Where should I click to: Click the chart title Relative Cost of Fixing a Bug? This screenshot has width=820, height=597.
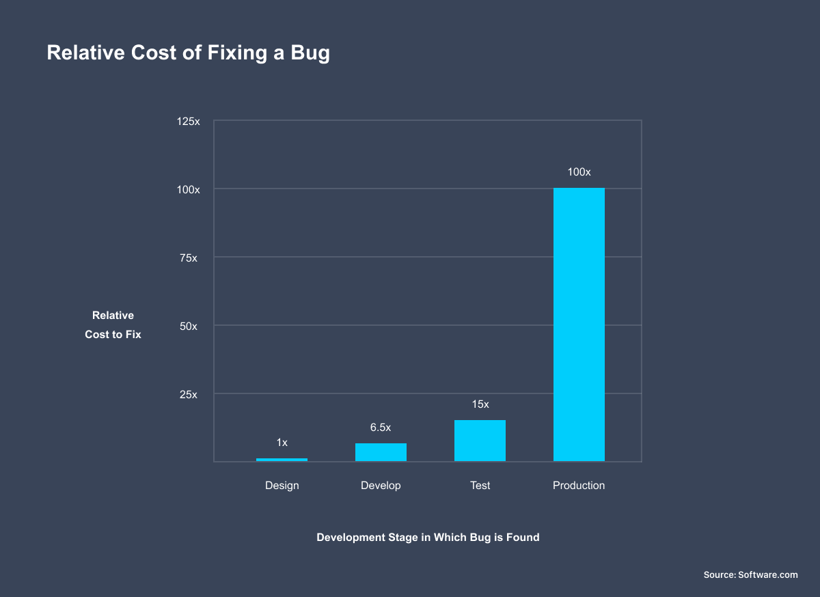[188, 53]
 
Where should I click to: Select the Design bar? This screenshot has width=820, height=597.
[282, 460]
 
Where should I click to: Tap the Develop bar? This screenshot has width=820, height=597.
[381, 452]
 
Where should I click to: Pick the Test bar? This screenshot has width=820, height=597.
[480, 441]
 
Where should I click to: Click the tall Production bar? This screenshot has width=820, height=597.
[579, 324]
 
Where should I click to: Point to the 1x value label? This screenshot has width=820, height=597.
[282, 443]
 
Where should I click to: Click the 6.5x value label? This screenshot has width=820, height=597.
[381, 428]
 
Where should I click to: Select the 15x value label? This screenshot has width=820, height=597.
[480, 404]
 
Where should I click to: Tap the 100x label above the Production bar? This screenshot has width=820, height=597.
[579, 172]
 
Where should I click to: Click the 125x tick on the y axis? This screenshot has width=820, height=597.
[188, 121]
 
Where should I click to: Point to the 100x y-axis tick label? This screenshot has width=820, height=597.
[188, 189]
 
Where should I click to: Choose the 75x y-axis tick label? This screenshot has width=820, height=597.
[188, 258]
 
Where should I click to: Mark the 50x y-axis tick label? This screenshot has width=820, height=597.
[188, 326]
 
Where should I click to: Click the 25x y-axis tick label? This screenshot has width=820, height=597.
[188, 394]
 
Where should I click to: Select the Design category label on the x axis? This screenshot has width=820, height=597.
[282, 486]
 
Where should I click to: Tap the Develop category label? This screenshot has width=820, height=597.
[381, 486]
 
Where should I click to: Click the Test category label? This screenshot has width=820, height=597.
[480, 486]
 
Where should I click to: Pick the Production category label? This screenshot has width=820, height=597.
[579, 486]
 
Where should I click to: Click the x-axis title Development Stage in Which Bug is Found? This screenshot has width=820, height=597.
[428, 538]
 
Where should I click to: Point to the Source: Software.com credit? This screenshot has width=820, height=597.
[750, 575]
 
